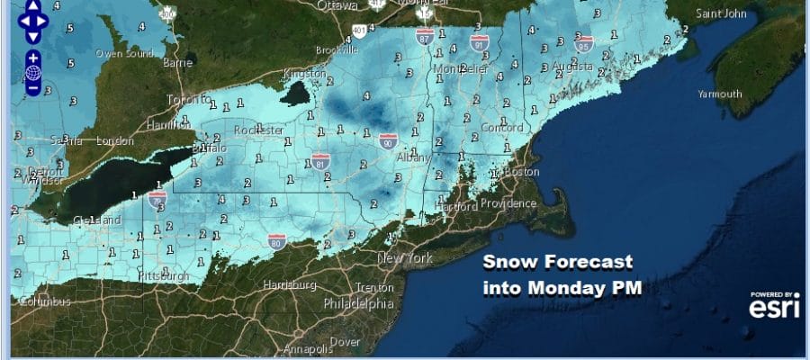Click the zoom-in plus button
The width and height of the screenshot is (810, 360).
click(32, 58)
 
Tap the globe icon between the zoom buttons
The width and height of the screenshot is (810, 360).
click(32, 73)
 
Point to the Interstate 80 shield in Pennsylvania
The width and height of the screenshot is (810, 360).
click(277, 240)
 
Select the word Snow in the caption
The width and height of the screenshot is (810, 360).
click(504, 264)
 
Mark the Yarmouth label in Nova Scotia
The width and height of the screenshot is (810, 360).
click(720, 94)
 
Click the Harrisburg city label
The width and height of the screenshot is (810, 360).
click(288, 285)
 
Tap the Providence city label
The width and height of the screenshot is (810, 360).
click(508, 203)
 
